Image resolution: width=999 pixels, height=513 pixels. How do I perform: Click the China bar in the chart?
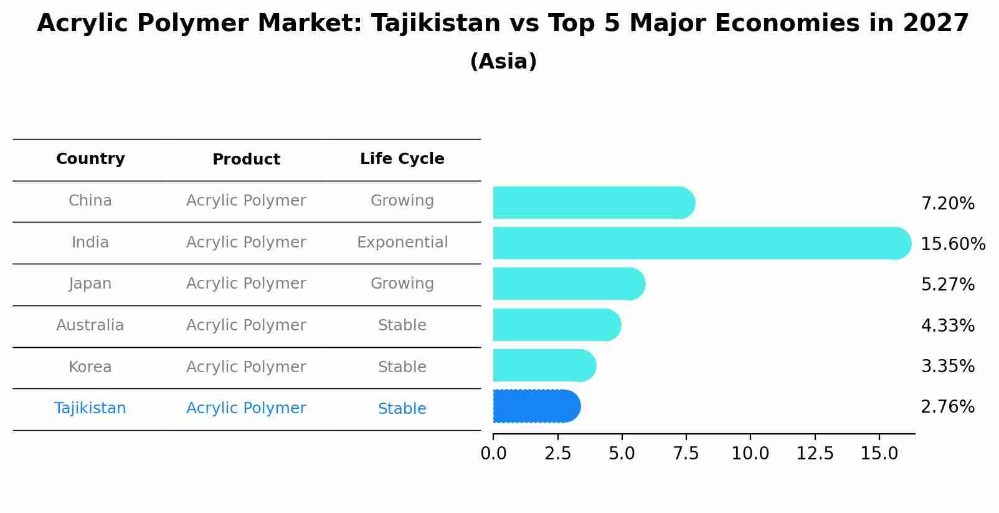click(x=592, y=203)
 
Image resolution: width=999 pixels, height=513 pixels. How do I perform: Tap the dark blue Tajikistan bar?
click(x=536, y=406)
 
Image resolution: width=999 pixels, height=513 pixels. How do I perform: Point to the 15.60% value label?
click(x=953, y=244)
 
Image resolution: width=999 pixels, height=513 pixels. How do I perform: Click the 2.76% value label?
click(x=947, y=407)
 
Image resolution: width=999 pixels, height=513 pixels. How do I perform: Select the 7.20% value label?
click(x=947, y=204)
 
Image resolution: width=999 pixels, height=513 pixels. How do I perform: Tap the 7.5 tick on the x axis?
click(x=686, y=454)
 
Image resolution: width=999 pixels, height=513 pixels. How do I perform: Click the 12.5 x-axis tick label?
click(x=815, y=454)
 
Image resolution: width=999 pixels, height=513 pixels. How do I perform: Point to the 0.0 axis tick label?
click(x=493, y=454)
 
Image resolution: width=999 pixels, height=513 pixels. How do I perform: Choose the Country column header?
click(x=90, y=159)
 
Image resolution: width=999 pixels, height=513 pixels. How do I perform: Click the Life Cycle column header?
click(x=402, y=159)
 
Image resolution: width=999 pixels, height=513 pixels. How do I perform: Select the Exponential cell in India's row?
click(x=402, y=242)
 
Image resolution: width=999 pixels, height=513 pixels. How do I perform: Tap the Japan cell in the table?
click(x=90, y=284)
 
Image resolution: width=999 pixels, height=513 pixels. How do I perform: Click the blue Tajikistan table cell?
click(x=90, y=408)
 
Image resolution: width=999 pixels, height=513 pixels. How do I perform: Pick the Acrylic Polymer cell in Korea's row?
click(x=246, y=367)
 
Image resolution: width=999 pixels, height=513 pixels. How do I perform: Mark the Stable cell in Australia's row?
click(x=402, y=325)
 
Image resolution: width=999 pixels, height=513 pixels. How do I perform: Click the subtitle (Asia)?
click(x=503, y=62)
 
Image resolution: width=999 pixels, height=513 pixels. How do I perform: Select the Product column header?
click(x=246, y=160)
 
